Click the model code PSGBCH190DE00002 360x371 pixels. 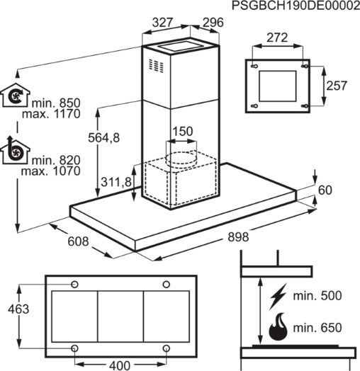pyautogui.click(x=296, y=6)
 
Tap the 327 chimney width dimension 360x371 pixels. pyautogui.click(x=162, y=23)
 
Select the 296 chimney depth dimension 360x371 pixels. pyautogui.click(x=213, y=23)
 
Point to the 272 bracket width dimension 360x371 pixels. pyautogui.click(x=277, y=38)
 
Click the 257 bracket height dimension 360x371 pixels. pyautogui.click(x=337, y=86)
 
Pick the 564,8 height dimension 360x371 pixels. pyautogui.click(x=104, y=137)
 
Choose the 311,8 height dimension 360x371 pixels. pyautogui.click(x=116, y=182)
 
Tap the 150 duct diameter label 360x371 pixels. pyautogui.click(x=183, y=131)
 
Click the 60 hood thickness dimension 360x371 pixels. pyautogui.click(x=325, y=190)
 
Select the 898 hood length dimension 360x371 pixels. pyautogui.click(x=238, y=237)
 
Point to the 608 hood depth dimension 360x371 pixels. pyautogui.click(x=78, y=241)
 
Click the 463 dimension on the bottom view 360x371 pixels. pyautogui.click(x=18, y=309)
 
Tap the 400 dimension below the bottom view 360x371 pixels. pyautogui.click(x=120, y=365)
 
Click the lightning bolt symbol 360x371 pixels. pyautogui.click(x=278, y=296)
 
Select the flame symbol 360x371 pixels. pyautogui.click(x=278, y=327)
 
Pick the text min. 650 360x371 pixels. pyautogui.click(x=317, y=328)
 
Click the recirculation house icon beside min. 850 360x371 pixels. pyautogui.click(x=16, y=95)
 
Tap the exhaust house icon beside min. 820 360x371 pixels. pyautogui.click(x=16, y=150)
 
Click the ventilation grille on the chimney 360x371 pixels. pyautogui.click(x=156, y=65)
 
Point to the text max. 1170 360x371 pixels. pyautogui.click(x=51, y=114)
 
